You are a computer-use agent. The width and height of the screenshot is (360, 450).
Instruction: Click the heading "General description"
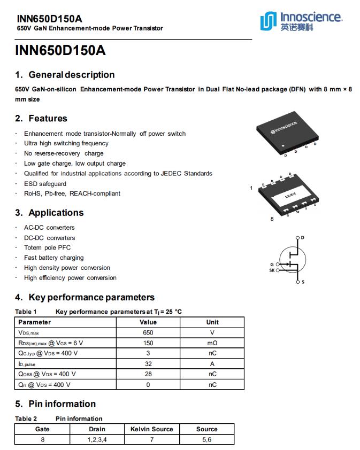click(71, 75)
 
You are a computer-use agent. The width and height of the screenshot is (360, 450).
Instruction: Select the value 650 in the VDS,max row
click(148, 332)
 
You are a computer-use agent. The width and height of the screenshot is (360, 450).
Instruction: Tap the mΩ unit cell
click(212, 343)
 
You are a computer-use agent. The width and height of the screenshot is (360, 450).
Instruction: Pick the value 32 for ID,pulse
click(148, 364)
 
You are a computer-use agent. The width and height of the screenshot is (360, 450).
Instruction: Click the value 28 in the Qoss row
click(148, 374)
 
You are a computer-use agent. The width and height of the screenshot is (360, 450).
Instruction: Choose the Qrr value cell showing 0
click(148, 385)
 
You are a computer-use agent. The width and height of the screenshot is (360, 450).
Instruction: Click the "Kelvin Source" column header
click(152, 429)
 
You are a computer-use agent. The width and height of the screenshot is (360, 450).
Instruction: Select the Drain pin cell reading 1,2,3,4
click(97, 440)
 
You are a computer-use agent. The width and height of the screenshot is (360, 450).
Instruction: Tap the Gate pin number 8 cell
click(43, 440)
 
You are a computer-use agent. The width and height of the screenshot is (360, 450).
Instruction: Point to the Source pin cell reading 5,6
click(206, 440)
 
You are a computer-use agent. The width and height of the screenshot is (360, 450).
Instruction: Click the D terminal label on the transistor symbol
click(303, 237)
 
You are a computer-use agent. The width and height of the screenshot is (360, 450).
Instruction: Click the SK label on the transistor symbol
click(271, 270)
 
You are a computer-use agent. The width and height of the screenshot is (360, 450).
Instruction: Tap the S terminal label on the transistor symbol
click(303, 282)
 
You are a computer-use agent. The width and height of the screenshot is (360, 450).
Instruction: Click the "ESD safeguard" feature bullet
click(45, 184)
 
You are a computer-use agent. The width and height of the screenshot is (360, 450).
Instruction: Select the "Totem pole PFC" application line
click(47, 247)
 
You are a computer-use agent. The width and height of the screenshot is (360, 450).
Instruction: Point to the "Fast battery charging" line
click(53, 258)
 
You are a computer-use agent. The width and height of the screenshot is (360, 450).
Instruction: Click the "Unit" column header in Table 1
click(212, 322)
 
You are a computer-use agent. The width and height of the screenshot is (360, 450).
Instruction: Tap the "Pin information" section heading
click(62, 404)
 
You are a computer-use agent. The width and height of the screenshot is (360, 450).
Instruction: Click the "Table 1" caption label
click(26, 312)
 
